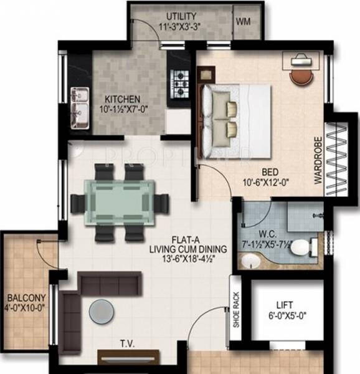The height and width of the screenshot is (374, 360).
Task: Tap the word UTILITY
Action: pyautogui.click(x=182, y=16)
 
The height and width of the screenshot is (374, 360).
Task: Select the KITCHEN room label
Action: pyautogui.click(x=122, y=99)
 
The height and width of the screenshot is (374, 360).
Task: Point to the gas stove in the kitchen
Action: pyautogui.click(x=180, y=81)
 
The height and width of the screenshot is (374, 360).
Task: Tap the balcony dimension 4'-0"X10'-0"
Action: pyautogui.click(x=27, y=307)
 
